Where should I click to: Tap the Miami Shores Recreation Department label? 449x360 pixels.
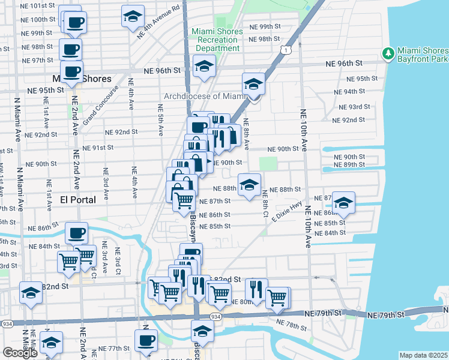(217, 40)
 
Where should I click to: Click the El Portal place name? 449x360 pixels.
(78, 200)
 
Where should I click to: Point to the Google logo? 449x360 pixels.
(20, 353)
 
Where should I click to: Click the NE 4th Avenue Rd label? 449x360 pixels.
(158, 23)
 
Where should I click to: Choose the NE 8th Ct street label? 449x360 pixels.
(265, 201)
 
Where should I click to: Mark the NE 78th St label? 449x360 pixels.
(292, 325)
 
